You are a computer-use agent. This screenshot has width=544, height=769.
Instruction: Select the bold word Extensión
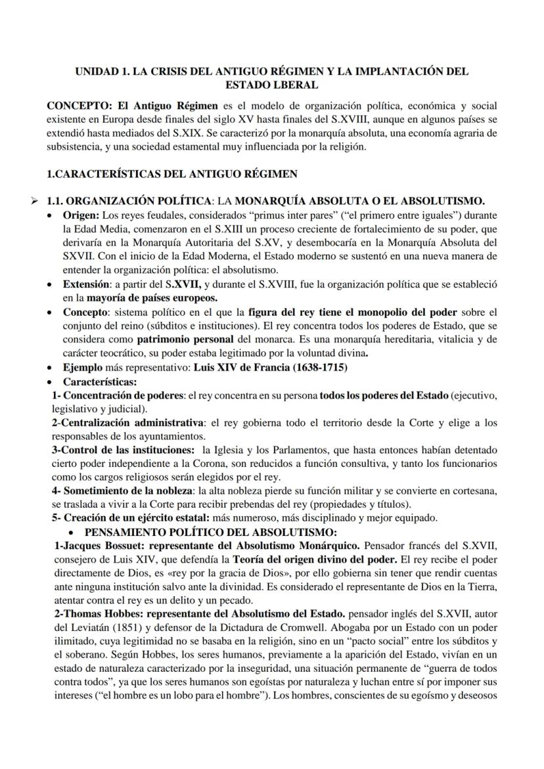pos(85,284)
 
